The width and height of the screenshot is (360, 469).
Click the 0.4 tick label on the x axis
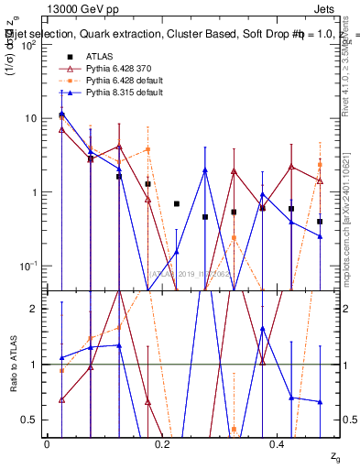coord(277,444)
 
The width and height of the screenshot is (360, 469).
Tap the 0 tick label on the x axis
coord(48,444)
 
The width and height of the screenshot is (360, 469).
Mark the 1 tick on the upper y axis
coord(35,191)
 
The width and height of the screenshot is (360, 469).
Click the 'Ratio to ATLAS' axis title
coord(12,365)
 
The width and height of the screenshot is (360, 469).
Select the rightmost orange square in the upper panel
coord(320,165)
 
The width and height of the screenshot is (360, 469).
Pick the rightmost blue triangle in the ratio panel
coord(320,401)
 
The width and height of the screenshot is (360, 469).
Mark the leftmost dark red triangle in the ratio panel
coord(61,399)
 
